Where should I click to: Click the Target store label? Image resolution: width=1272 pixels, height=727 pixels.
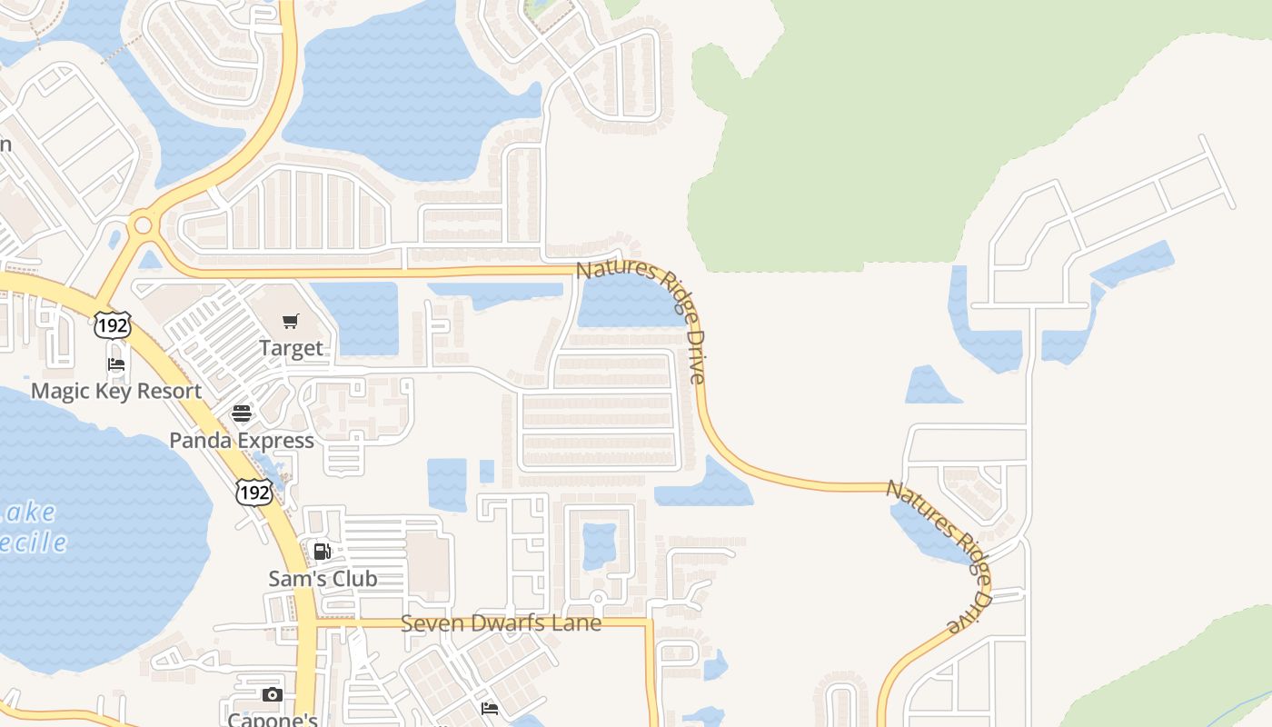tap(291, 348)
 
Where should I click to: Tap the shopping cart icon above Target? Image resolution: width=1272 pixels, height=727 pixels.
tap(291, 321)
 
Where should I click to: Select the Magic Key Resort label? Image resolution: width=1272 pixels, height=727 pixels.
tap(116, 391)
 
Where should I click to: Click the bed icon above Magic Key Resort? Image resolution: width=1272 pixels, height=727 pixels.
tap(116, 364)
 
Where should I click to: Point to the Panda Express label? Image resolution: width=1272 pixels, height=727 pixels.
tap(242, 441)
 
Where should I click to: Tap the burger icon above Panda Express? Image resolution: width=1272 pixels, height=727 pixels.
tap(242, 414)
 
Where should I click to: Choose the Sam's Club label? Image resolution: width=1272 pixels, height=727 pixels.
tap(323, 579)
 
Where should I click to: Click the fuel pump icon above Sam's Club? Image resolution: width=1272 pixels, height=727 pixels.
tap(322, 552)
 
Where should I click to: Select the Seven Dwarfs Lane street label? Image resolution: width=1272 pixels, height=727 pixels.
tap(501, 623)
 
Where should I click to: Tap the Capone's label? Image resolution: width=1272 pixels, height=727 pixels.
tap(272, 720)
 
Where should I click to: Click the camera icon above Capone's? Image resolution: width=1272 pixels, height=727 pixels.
tap(272, 695)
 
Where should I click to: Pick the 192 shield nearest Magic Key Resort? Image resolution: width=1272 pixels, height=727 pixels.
tap(113, 324)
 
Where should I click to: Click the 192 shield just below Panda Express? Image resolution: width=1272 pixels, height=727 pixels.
tap(253, 492)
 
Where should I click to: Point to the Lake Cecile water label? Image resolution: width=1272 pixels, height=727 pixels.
tap(32, 528)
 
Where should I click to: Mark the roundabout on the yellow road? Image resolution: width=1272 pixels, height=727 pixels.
tap(142, 224)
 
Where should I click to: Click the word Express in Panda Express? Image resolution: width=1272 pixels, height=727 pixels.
tap(273, 441)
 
